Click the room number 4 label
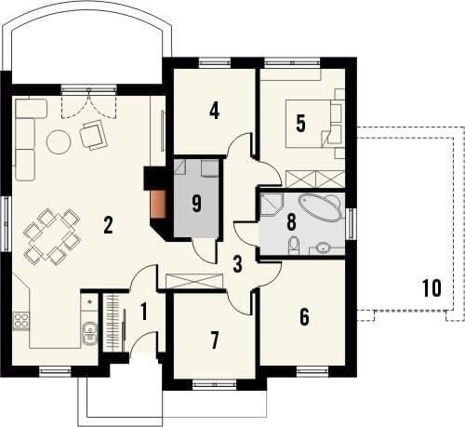point(214,112)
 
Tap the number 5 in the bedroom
point(300,123)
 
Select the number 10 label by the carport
point(432,288)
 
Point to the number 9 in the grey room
point(196,204)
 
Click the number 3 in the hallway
point(237,264)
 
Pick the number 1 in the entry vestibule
point(143,312)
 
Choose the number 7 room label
point(215,340)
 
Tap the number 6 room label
point(304,317)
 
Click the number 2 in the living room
point(108,225)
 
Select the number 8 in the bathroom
point(291,222)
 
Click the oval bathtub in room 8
point(320,207)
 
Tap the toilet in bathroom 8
point(294,246)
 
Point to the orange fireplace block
point(158,204)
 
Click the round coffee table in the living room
point(59,142)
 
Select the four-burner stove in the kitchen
point(21,321)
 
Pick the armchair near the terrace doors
point(93,135)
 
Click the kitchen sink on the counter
point(89,333)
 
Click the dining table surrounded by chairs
point(52,236)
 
